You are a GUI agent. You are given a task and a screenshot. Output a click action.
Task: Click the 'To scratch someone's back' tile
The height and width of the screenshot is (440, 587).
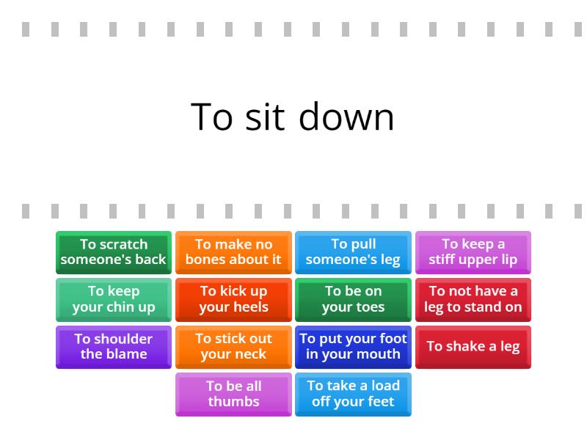click(x=114, y=252)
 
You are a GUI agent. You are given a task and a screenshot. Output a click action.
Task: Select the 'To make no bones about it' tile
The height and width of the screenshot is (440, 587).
click(x=233, y=252)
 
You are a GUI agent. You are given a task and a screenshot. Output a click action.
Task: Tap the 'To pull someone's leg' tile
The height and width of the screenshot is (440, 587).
click(x=353, y=252)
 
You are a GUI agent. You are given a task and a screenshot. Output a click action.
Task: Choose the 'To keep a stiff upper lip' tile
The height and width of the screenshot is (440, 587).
click(x=473, y=252)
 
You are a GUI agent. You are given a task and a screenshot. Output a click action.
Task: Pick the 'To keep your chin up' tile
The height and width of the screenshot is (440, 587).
click(x=114, y=300)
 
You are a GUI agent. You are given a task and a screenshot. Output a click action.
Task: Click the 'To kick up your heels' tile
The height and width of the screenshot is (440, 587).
click(x=233, y=300)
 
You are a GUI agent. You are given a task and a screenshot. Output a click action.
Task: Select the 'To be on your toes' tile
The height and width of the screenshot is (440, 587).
click(x=353, y=300)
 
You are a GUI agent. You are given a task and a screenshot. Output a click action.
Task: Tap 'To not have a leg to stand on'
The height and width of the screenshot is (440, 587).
click(x=473, y=300)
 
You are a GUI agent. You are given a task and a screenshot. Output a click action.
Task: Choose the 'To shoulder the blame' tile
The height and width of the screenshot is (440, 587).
click(x=114, y=347)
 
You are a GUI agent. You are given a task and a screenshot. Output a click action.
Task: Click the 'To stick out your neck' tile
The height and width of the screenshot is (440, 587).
click(x=233, y=347)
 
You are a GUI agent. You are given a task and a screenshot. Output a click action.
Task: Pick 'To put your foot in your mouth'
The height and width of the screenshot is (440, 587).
click(x=353, y=347)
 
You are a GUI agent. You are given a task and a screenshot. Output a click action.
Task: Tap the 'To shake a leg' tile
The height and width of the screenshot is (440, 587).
click(x=473, y=347)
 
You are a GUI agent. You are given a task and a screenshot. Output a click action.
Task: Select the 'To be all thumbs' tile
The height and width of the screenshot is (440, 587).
click(x=233, y=395)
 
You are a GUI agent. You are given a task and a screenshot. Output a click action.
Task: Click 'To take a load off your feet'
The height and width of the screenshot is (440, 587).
click(x=353, y=395)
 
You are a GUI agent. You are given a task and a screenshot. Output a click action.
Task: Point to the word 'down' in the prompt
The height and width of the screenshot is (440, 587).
click(x=346, y=117)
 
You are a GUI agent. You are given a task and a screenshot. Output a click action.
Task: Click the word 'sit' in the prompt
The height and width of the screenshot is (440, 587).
click(x=264, y=117)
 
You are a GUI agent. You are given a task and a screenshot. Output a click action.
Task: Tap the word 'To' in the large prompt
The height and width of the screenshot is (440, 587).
click(x=212, y=117)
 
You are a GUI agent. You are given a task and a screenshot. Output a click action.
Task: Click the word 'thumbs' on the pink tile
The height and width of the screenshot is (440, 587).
click(x=233, y=401)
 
